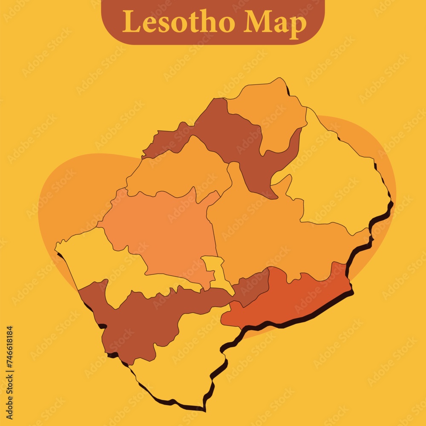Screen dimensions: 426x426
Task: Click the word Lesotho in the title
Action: pos(178,22)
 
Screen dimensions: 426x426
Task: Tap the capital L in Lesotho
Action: pos(131,21)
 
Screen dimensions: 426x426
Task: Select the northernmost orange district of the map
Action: pos(268,111)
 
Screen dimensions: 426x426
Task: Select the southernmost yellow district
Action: pos(183,362)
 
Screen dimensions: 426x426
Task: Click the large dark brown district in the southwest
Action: pos(141,319)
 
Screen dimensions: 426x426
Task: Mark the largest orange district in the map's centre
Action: pos(264,234)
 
